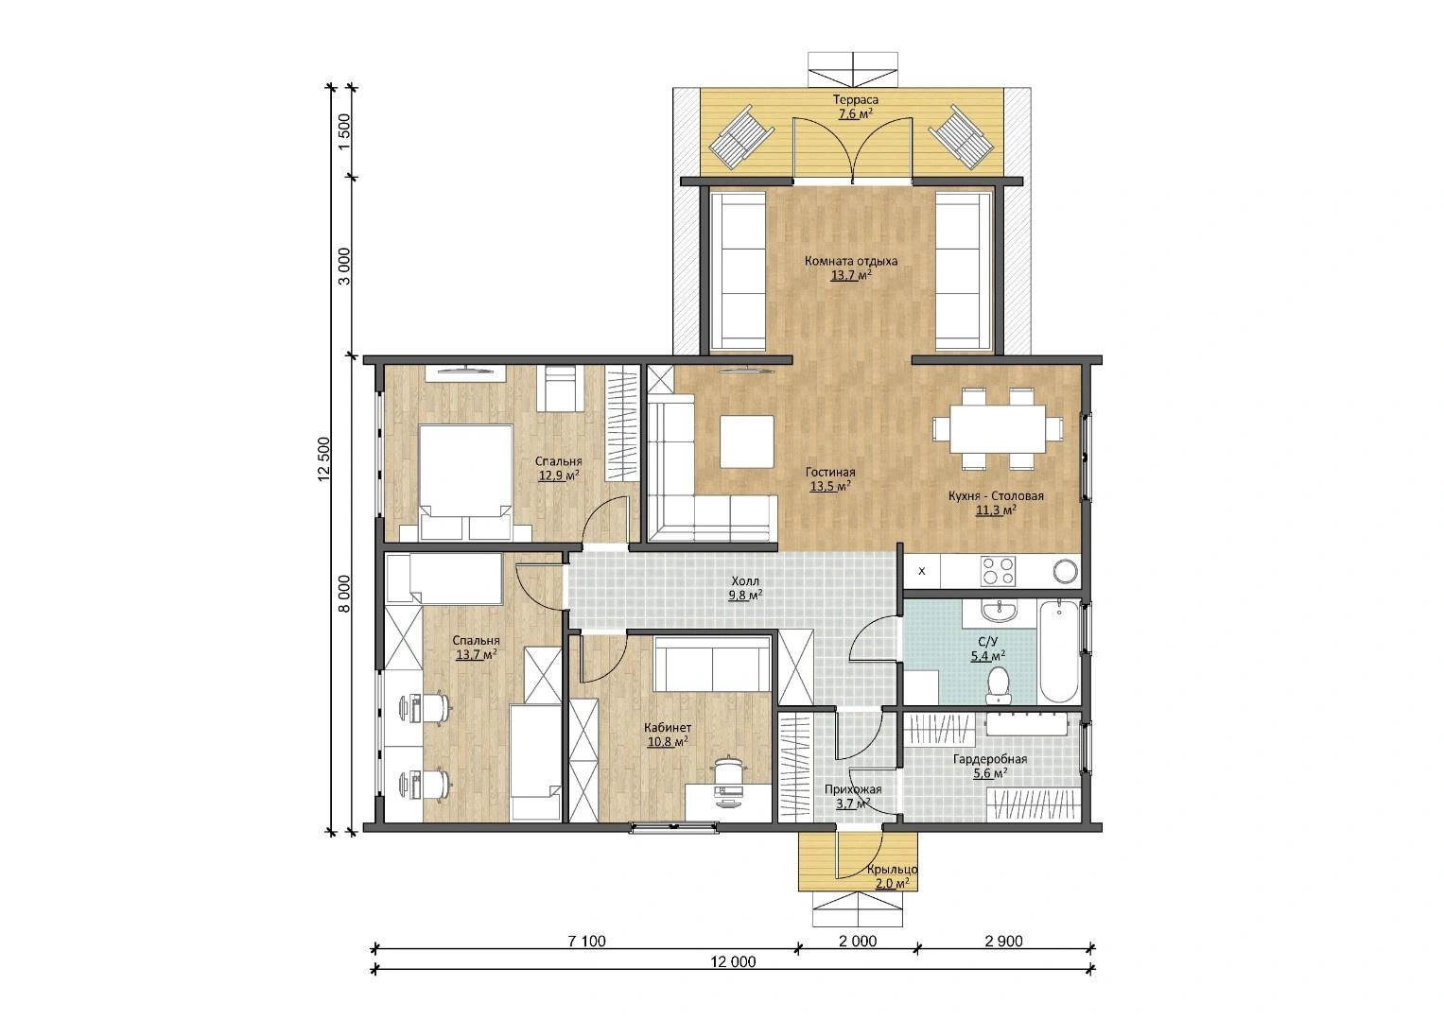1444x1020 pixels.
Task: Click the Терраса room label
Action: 856,100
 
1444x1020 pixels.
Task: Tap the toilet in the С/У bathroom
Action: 999,685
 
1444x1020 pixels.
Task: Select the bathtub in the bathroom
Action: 1059,651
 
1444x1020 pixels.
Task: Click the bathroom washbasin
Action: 999,610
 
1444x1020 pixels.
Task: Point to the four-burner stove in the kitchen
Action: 998,571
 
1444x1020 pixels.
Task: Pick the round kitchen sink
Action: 1065,572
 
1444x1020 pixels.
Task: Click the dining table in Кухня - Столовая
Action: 998,428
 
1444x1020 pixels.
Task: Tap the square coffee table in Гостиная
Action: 747,441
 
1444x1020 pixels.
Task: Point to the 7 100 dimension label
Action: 586,942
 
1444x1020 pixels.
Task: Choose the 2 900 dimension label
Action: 1003,942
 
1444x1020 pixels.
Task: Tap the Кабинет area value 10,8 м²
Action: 668,742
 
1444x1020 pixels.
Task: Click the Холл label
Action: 745,581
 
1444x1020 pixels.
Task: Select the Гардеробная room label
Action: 989,759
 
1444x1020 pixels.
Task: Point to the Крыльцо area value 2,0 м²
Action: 892,883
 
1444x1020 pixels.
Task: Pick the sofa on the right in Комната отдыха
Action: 964,271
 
